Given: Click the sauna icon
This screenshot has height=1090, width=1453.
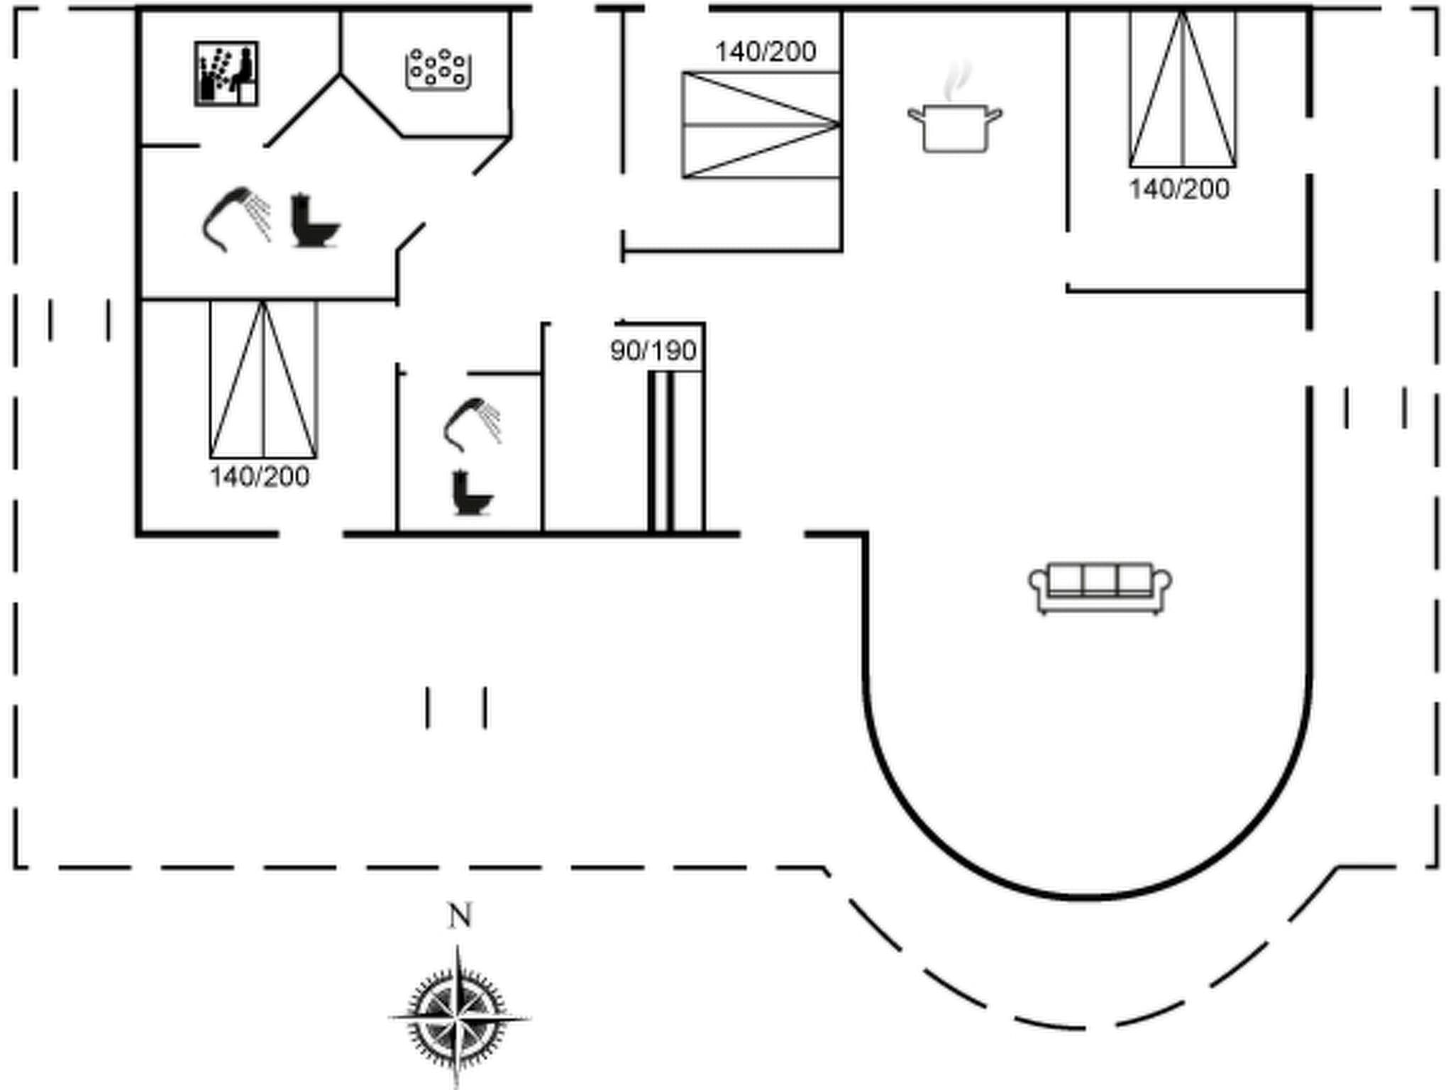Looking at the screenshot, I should (226, 74).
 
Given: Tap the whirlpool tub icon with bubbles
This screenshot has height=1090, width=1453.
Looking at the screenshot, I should (439, 70).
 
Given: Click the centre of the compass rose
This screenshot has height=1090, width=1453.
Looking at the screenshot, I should (458, 1018).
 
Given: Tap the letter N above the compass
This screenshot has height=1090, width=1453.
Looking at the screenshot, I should (460, 916).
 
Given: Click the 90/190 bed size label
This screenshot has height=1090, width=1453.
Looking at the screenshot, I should (653, 351).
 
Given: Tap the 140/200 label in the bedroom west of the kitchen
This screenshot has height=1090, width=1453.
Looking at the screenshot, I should (766, 52).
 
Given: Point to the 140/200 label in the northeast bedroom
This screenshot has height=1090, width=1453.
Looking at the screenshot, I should (1179, 189).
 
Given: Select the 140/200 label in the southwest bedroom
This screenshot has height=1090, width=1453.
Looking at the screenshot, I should (260, 477).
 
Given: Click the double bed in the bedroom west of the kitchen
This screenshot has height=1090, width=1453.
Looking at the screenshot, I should (761, 125).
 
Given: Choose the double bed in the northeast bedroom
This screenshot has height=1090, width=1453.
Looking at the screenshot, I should (1183, 90).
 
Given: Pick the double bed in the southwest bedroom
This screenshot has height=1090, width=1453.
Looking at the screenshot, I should (263, 380).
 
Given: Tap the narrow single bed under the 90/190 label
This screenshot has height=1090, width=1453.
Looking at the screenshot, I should (675, 450).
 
